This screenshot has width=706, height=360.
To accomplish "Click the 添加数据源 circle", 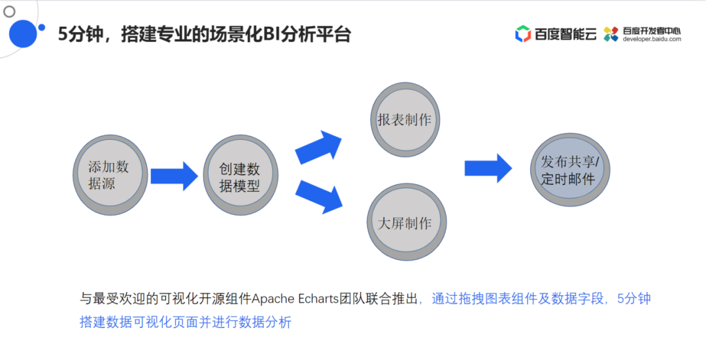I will (110, 175).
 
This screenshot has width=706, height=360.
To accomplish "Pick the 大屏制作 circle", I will (405, 222).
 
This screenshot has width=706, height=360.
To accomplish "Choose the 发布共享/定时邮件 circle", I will (569, 171).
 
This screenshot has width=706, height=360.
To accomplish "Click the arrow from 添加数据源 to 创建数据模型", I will (174, 176).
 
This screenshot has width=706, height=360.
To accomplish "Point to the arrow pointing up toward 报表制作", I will (320, 147).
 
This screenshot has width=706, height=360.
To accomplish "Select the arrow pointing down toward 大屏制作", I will (320, 196).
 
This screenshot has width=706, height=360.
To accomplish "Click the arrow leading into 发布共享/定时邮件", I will (488, 169).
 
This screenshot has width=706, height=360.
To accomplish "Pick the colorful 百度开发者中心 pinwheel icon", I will (611, 34).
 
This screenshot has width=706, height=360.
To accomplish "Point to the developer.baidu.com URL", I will (652, 39).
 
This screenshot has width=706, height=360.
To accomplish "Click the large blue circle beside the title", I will (22, 33).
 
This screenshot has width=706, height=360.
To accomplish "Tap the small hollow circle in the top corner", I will (9, 11).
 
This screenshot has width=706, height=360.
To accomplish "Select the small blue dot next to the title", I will (42, 27).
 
